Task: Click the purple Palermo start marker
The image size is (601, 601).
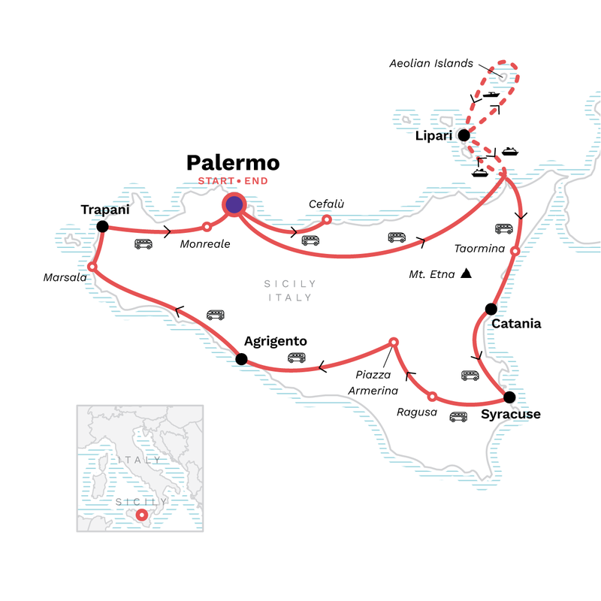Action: [x=234, y=204]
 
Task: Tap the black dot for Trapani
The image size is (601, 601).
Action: [x=102, y=226]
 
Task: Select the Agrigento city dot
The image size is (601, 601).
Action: [x=241, y=359]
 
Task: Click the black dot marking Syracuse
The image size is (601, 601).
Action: [x=509, y=397]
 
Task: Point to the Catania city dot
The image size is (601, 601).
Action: [x=491, y=308]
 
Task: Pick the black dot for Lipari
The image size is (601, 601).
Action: [x=464, y=136]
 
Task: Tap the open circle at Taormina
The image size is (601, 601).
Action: [x=515, y=251]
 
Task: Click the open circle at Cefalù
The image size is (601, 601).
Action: [x=326, y=220]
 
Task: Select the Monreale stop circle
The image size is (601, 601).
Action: [x=207, y=226]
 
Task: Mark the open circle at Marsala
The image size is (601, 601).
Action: [x=92, y=267]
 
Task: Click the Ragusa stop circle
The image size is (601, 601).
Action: [x=431, y=396]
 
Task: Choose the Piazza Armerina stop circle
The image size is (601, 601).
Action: [x=393, y=343]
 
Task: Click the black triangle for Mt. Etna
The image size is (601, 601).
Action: [x=467, y=273]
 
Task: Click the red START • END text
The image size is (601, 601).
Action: [x=233, y=181]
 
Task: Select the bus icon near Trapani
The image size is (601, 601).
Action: [x=143, y=243]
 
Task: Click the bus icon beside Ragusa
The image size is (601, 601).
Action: [x=458, y=417]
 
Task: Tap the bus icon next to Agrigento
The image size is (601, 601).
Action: [x=295, y=358]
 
